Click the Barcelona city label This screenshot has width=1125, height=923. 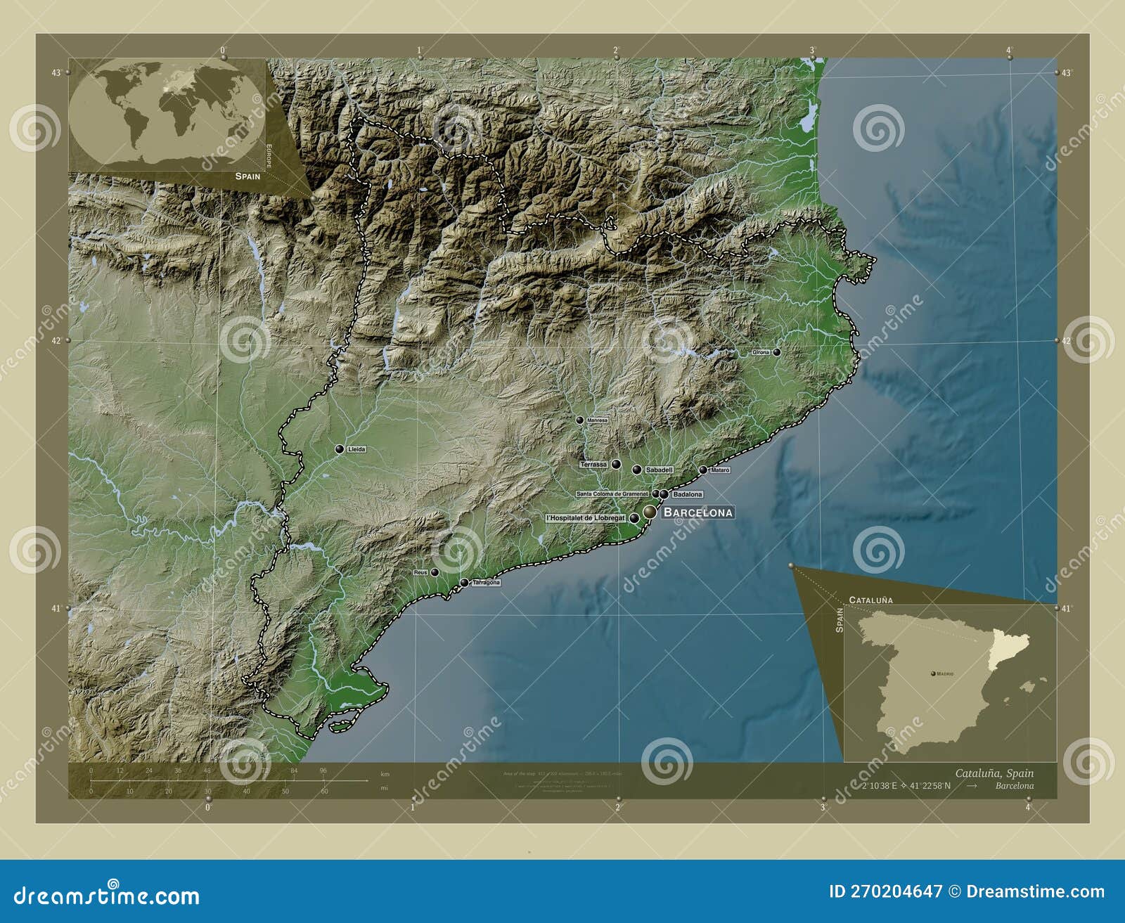[x=697, y=512]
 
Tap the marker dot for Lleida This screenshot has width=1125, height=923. [x=340, y=448]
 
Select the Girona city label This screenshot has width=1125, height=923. [x=761, y=351]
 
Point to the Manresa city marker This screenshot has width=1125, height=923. [x=579, y=420]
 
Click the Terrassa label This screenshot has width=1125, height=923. [x=593, y=465]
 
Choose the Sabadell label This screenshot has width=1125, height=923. [x=660, y=470]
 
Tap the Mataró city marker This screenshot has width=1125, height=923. [x=702, y=470]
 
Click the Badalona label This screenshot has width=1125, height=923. [x=687, y=494]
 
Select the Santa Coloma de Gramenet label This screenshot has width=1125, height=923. [x=612, y=494]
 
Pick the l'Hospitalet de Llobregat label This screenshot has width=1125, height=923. [x=585, y=518]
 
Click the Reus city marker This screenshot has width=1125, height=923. [x=435, y=572]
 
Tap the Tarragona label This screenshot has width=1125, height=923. [x=487, y=583]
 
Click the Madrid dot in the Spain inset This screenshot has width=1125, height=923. [x=933, y=673]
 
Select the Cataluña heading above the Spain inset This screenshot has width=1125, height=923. [x=870, y=600]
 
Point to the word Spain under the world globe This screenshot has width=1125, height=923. [x=247, y=176]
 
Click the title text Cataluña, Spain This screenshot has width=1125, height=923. [x=994, y=773]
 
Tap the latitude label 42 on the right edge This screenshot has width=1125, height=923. [x=1065, y=341]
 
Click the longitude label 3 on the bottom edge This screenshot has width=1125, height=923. [x=823, y=807]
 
